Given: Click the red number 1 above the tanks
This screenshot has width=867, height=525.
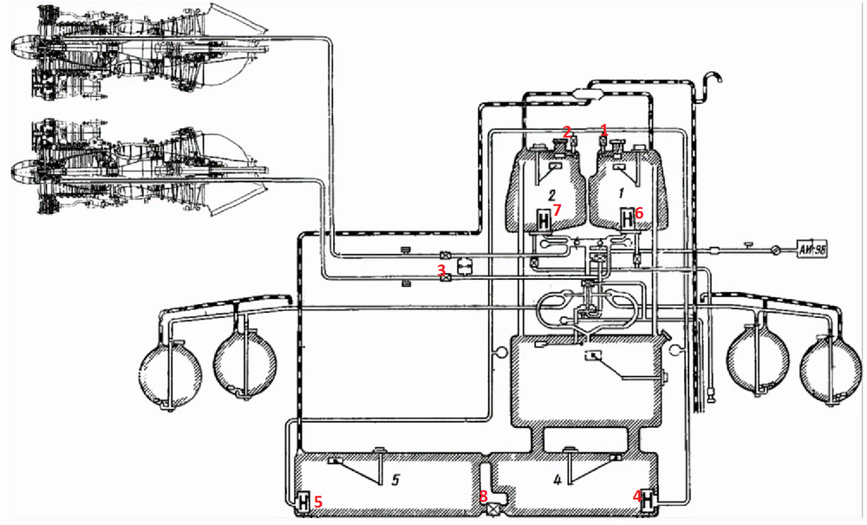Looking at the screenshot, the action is [603, 130].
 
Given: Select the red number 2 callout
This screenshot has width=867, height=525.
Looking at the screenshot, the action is [567, 132].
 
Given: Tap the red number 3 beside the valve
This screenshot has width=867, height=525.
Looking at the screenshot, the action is [441, 269].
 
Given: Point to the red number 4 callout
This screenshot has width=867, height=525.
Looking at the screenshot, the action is [637, 496].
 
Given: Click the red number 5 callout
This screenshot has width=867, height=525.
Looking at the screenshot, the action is [318, 502].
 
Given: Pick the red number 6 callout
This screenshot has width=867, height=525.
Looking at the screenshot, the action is [639, 213].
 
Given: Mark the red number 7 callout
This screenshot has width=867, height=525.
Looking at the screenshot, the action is [557, 210].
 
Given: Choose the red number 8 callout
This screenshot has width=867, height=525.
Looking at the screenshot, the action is [483, 496].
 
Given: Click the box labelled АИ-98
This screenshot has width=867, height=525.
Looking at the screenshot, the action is [812, 250].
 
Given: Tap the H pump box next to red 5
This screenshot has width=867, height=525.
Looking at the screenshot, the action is [303, 502].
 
